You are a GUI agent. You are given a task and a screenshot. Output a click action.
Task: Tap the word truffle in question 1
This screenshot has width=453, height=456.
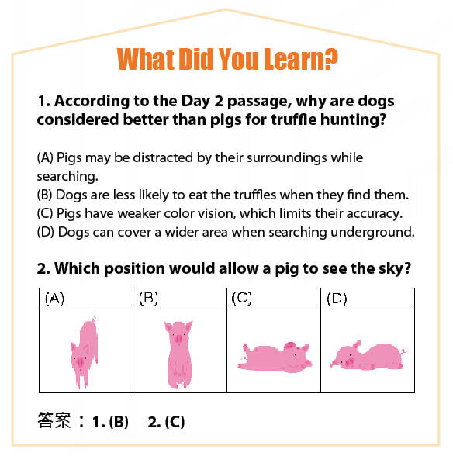(x=293, y=119)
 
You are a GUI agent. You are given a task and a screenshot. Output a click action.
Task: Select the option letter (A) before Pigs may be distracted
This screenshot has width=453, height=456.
(x=45, y=157)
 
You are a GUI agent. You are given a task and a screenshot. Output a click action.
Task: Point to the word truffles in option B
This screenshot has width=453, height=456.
(x=255, y=195)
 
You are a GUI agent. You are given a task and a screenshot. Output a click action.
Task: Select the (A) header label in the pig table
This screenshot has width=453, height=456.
(x=54, y=299)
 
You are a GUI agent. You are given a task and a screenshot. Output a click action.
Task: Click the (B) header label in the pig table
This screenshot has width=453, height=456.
(x=148, y=299)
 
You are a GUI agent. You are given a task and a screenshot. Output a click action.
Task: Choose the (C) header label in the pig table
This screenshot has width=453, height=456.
(x=242, y=299)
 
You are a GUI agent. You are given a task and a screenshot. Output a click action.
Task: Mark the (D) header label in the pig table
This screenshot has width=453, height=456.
(x=337, y=299)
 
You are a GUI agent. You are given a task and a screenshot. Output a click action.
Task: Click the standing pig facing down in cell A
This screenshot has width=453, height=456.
(x=85, y=353)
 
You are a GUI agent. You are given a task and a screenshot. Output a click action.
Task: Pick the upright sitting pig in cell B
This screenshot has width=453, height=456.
(x=179, y=354)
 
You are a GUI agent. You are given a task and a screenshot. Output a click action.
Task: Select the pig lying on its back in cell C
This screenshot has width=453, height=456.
(x=275, y=357)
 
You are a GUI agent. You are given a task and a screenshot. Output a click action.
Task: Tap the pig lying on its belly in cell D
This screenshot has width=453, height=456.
(x=368, y=356)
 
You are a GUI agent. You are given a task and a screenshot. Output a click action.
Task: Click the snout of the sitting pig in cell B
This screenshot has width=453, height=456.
(x=178, y=338)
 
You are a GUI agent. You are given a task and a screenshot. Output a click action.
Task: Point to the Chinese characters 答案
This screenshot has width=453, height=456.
(x=54, y=420)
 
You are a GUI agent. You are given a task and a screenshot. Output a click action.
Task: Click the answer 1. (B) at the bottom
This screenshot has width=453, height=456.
(x=110, y=422)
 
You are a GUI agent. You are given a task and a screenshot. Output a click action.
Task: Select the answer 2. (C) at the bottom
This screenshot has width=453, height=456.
(x=166, y=422)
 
